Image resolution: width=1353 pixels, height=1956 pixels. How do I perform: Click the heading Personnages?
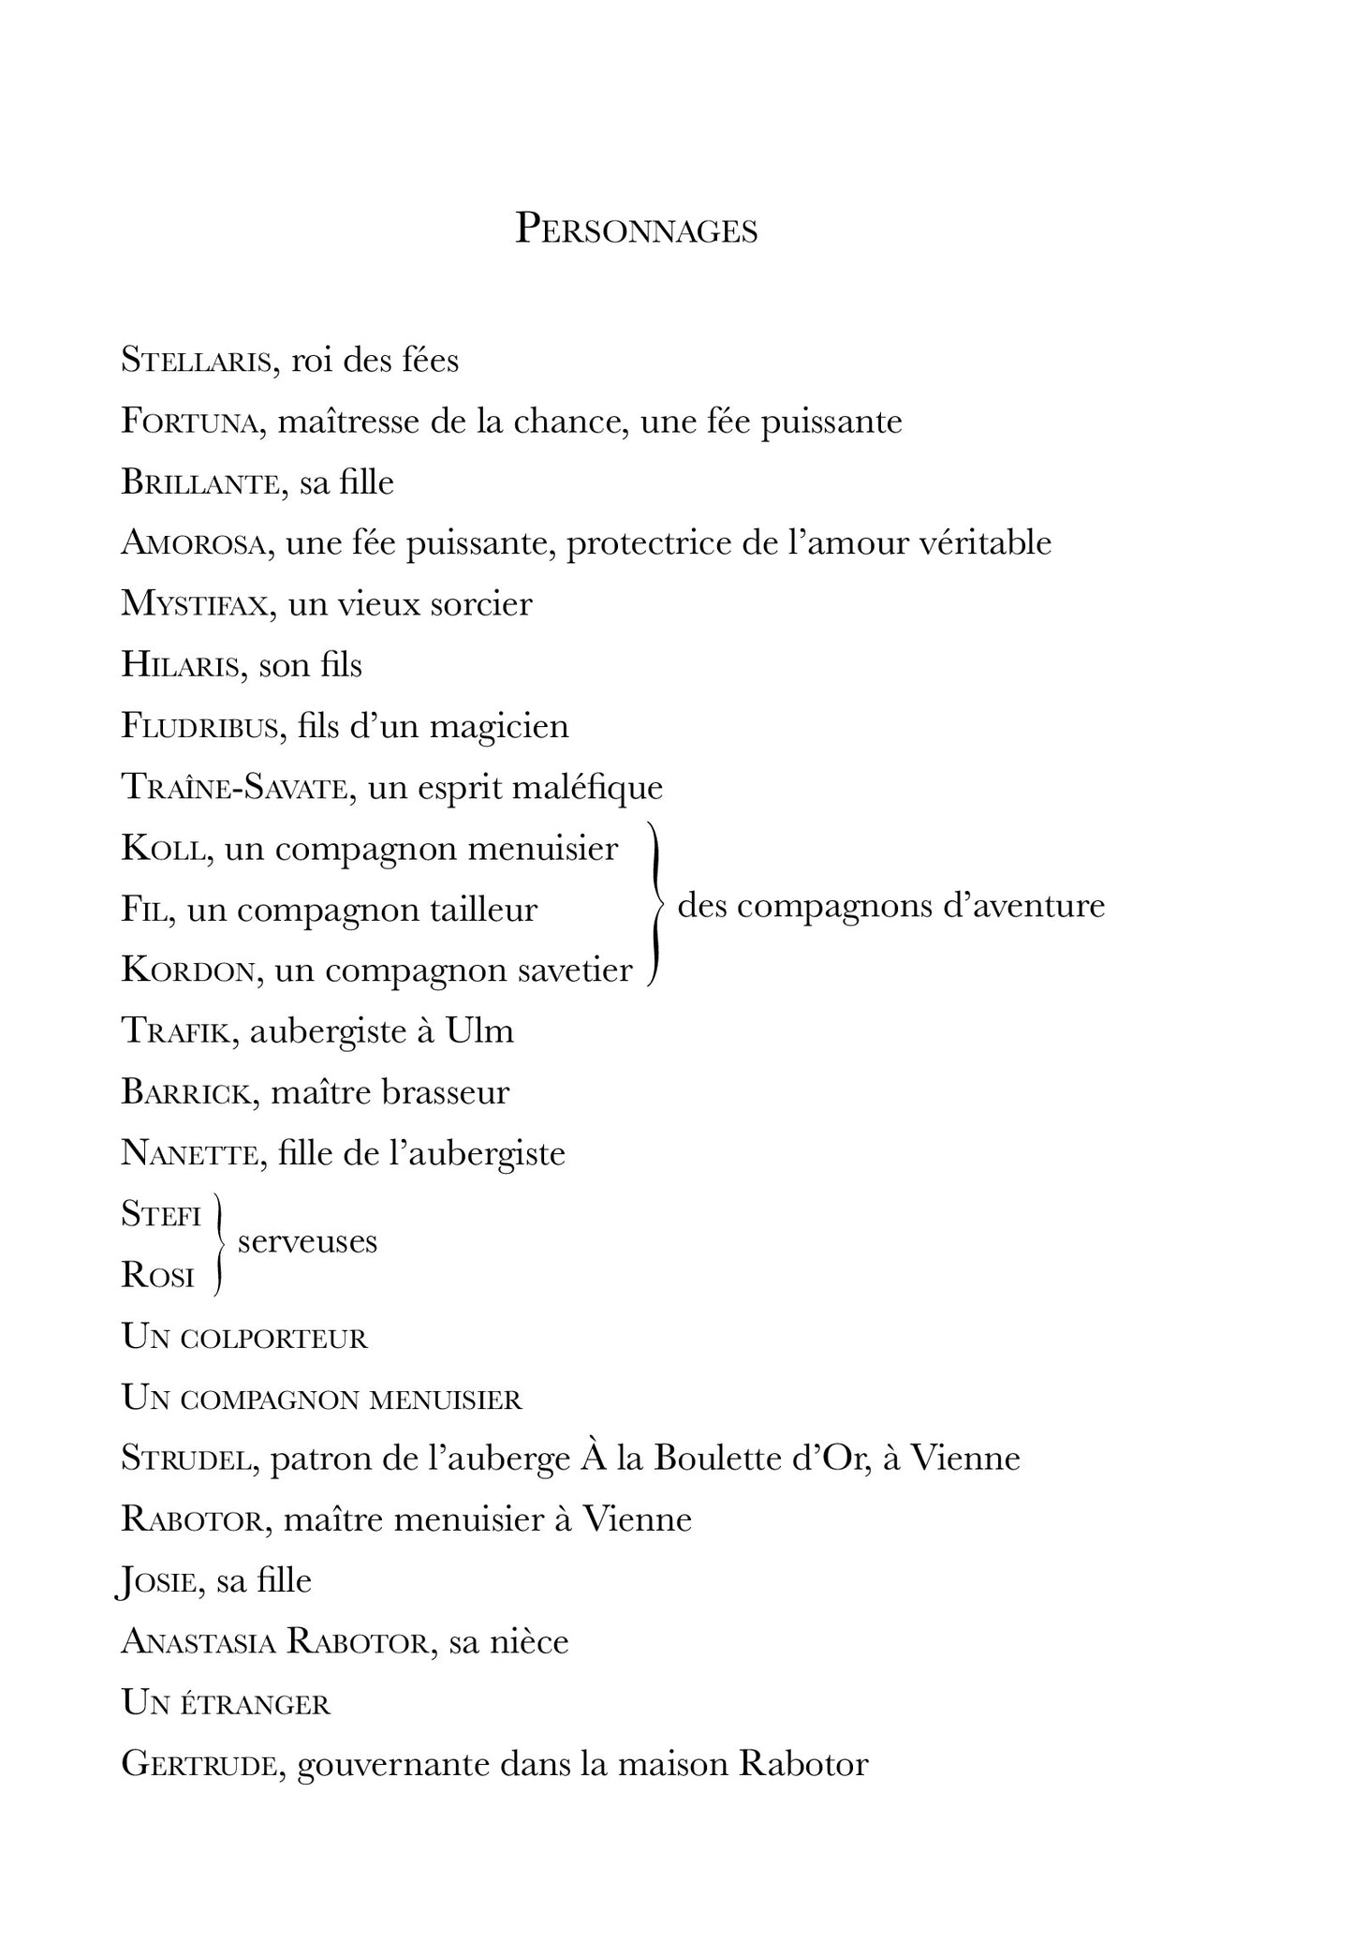(x=636, y=230)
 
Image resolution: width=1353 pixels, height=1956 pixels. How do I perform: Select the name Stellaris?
(x=195, y=361)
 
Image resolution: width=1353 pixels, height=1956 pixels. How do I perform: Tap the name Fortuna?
(x=188, y=422)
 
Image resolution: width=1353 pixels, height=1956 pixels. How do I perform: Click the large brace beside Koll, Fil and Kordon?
(x=656, y=907)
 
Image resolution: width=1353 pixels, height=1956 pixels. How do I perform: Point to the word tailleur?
(x=484, y=910)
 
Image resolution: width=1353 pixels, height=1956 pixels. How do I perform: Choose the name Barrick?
(x=186, y=1092)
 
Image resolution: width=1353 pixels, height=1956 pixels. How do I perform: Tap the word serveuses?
(x=307, y=1242)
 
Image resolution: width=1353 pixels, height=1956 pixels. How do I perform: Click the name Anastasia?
(x=198, y=1642)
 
